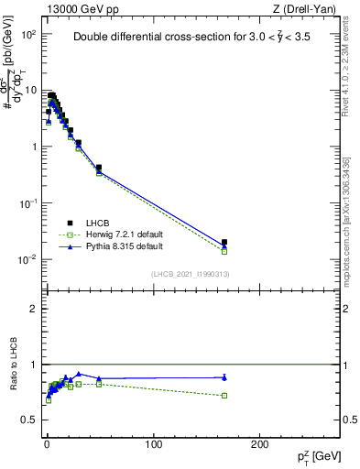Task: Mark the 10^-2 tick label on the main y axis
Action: click(27, 260)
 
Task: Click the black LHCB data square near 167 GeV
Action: click(224, 243)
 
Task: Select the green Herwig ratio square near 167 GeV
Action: click(224, 396)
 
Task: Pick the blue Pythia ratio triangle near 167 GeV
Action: click(224, 377)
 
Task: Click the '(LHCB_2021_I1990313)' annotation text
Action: click(189, 274)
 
